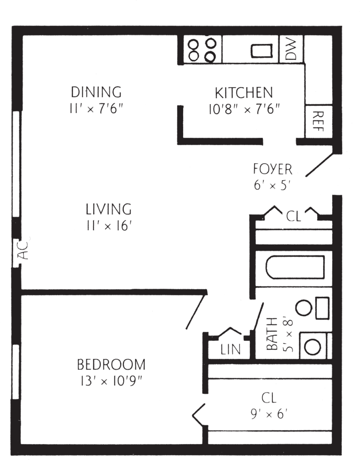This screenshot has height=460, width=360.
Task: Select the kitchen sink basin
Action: click(261, 50)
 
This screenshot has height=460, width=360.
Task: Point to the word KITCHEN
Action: click(244, 93)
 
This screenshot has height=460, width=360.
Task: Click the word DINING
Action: click(96, 92)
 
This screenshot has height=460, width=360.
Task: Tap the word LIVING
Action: click(108, 209)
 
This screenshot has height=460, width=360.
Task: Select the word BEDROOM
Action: click(111, 365)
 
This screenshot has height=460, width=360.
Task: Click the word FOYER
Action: click(273, 169)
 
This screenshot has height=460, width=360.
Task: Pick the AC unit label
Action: click(23, 250)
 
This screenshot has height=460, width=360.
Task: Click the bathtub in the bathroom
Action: click(295, 267)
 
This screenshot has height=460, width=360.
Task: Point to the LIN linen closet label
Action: click(230, 349)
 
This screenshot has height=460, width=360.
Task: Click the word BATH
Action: click(272, 334)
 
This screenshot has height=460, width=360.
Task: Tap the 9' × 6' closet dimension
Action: click(269, 414)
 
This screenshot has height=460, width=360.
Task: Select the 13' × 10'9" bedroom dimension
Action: click(111, 381)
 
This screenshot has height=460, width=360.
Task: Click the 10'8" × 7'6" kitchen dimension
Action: click(244, 109)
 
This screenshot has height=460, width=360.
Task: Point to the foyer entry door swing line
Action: click(319, 165)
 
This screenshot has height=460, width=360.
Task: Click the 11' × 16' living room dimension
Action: click(108, 226)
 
